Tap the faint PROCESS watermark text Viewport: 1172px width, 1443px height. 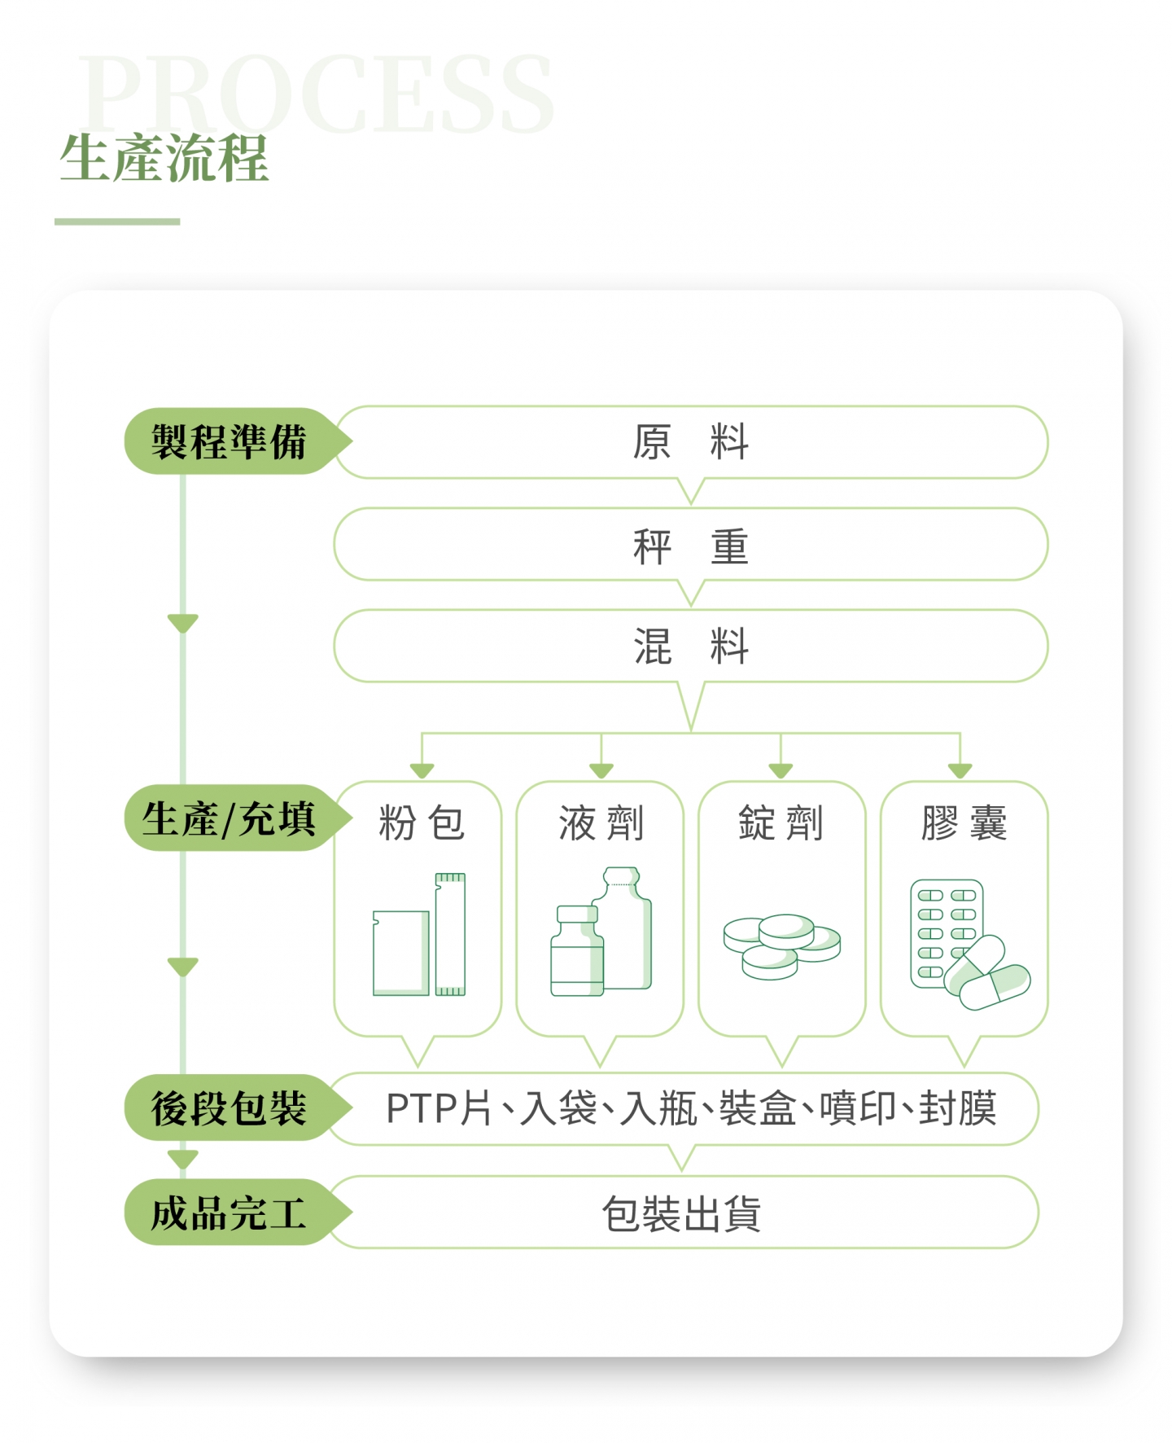317,94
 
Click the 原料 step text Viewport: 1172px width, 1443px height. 690,442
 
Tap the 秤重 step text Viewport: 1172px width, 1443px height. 690,545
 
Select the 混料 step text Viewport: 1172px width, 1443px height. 690,647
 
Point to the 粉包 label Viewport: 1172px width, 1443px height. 421,822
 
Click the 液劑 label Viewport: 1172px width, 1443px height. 601,822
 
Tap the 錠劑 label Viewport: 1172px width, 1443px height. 781,822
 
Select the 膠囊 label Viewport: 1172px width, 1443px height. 964,822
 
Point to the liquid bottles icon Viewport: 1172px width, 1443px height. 601,932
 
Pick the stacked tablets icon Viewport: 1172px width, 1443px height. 781,945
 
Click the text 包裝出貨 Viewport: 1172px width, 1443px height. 681,1213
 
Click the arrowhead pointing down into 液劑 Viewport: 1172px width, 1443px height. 601,770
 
